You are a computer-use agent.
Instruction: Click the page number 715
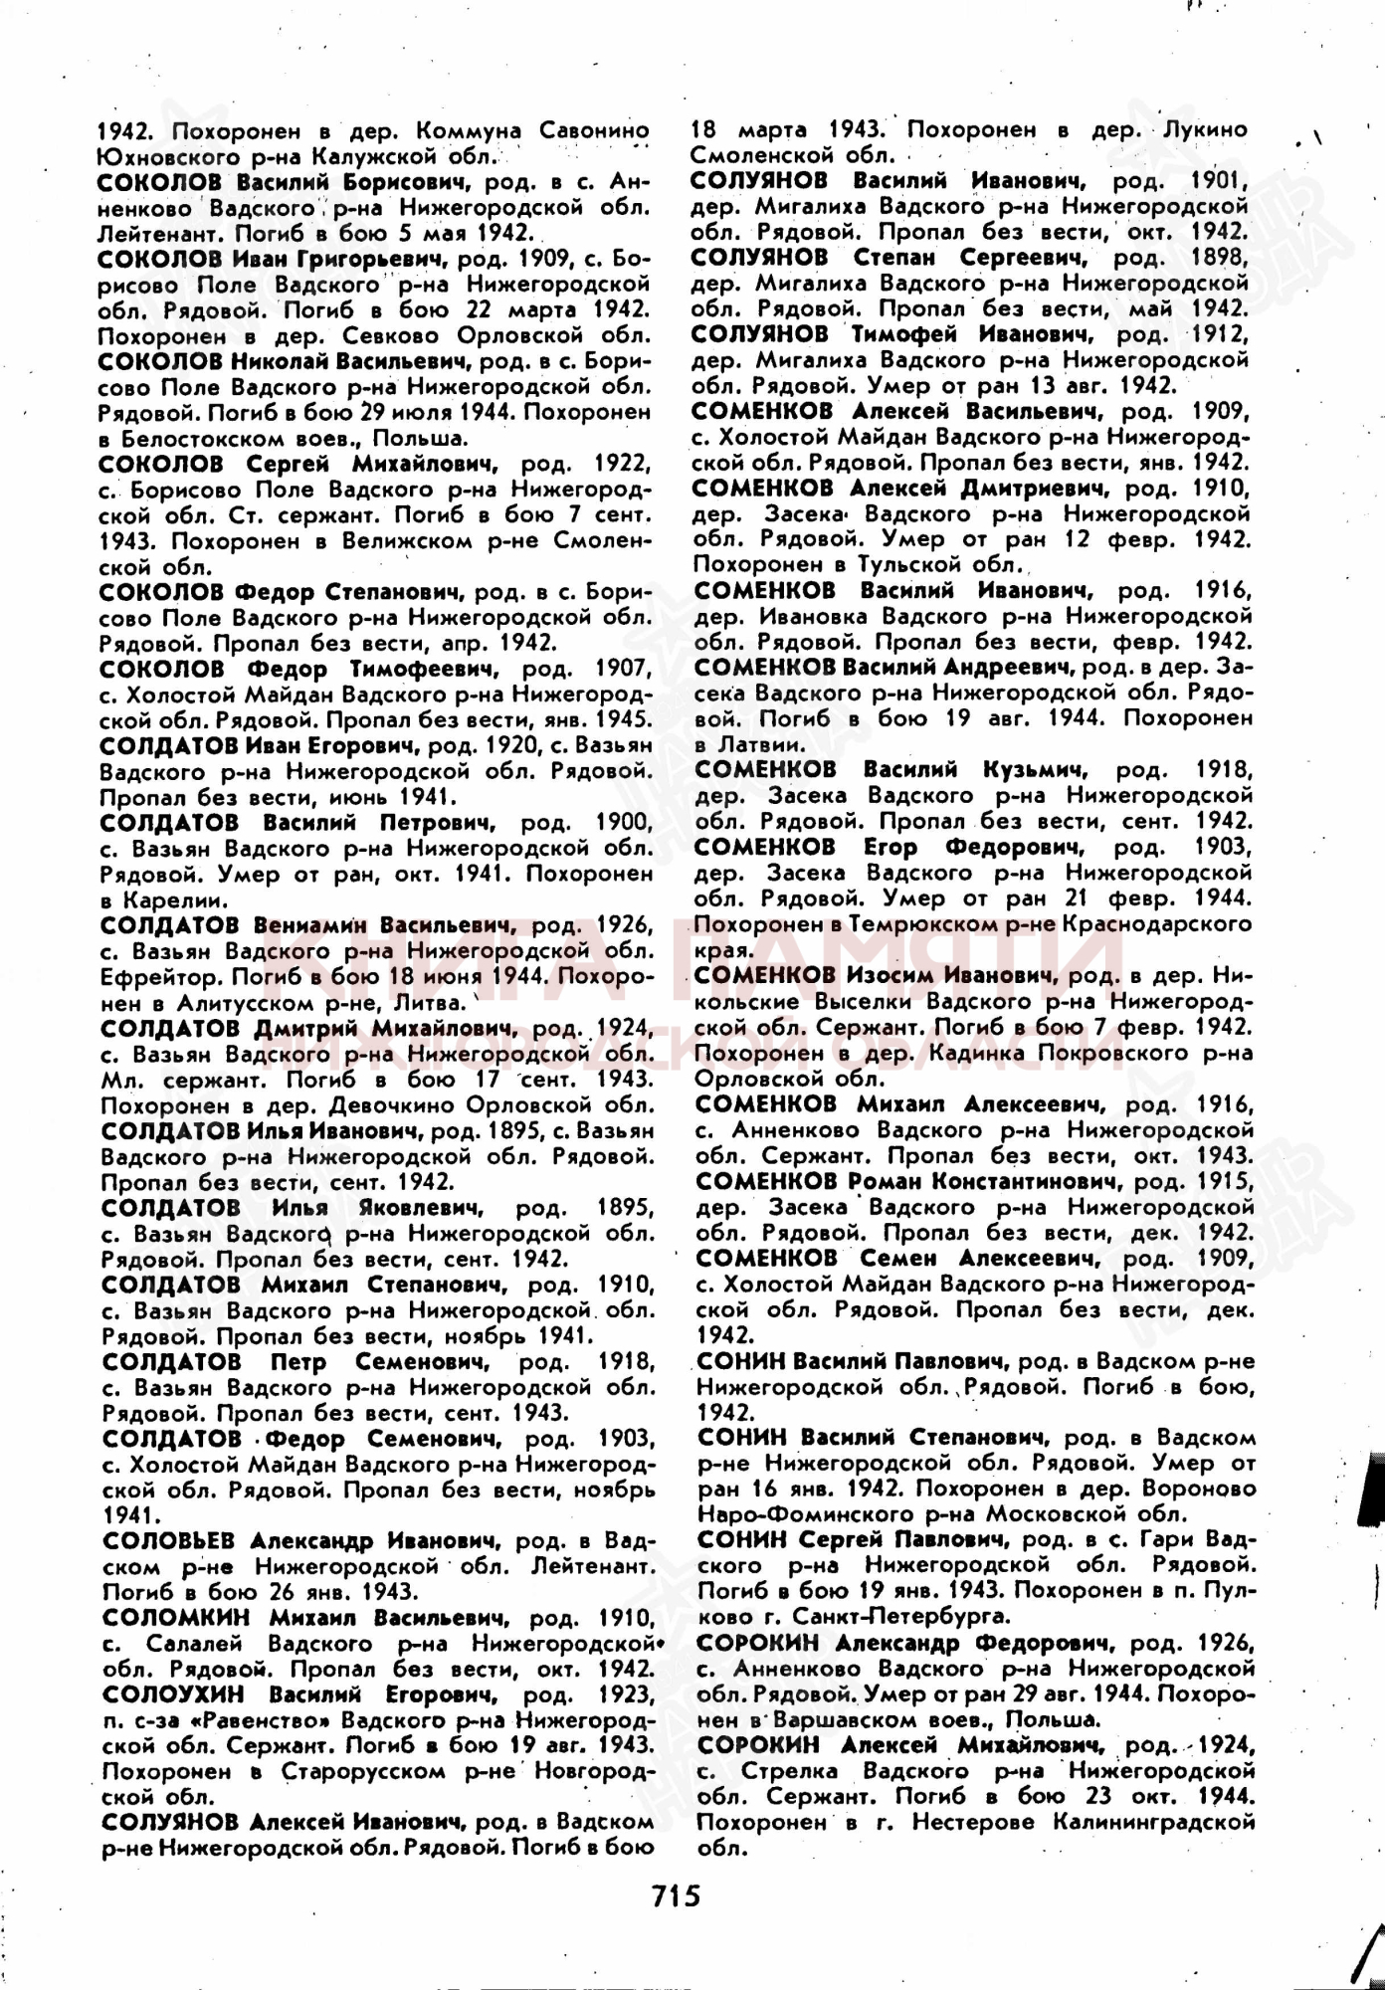[x=678, y=1895]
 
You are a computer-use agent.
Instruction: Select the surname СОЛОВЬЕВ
[x=168, y=1540]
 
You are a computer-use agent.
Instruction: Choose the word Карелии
[x=169, y=900]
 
